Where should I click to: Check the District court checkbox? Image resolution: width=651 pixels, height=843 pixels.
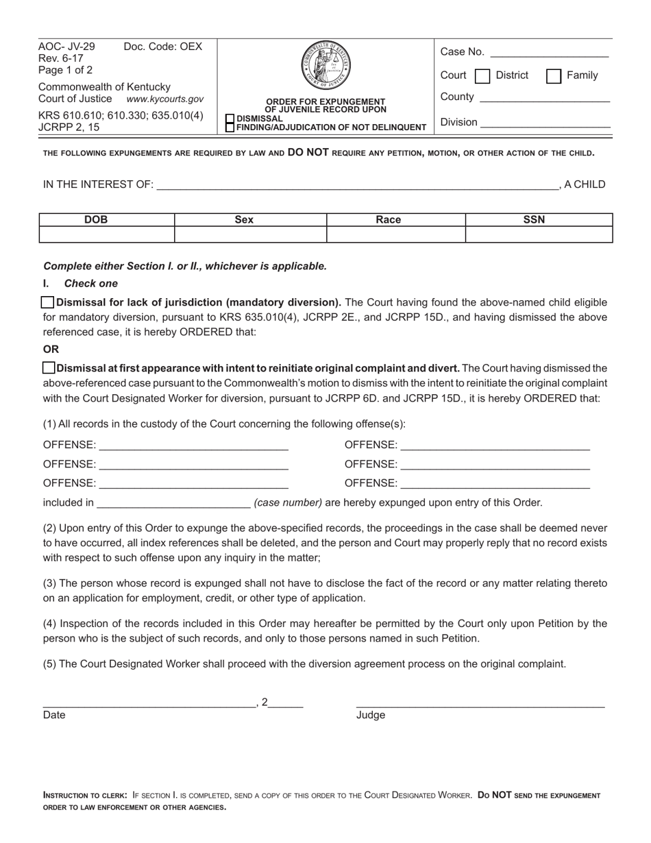pyautogui.click(x=482, y=75)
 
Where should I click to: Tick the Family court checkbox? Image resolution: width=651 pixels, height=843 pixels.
pyautogui.click(x=554, y=75)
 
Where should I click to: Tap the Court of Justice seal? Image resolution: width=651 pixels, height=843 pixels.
pyautogui.click(x=325, y=66)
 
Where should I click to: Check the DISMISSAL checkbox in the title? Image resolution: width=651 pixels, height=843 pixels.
pyautogui.click(x=230, y=118)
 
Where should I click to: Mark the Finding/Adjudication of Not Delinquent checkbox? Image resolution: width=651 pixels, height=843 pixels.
pyautogui.click(x=230, y=127)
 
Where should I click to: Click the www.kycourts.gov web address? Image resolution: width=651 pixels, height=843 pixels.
pyautogui.click(x=165, y=99)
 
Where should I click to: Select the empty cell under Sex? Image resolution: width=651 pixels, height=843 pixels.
pyautogui.click(x=250, y=234)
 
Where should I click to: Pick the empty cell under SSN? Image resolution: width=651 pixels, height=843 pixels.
pyautogui.click(x=539, y=234)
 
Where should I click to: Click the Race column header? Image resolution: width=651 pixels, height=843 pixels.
pyautogui.click(x=389, y=220)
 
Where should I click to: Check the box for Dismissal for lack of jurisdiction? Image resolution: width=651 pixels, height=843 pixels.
pyautogui.click(x=48, y=302)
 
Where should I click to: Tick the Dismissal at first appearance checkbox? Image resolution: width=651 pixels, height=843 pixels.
pyautogui.click(x=49, y=368)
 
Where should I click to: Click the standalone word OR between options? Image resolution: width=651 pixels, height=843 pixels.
pyautogui.click(x=51, y=349)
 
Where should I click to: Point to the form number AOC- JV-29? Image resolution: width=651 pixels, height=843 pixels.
pyautogui.click(x=66, y=47)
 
